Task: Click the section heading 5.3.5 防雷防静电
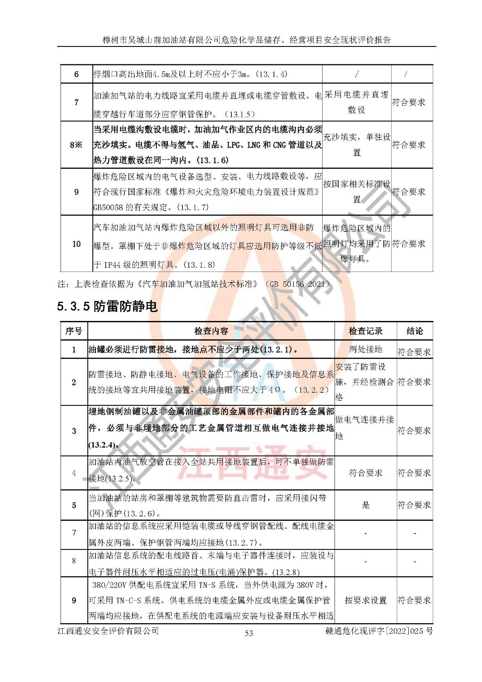click(107, 306)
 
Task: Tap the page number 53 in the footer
click(249, 633)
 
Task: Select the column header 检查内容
click(211, 331)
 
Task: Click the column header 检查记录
click(366, 331)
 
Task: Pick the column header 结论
click(415, 331)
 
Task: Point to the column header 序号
click(74, 331)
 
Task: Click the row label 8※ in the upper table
click(76, 145)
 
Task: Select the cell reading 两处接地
click(366, 349)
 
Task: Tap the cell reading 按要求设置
click(366, 600)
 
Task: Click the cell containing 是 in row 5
click(366, 505)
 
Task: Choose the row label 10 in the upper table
click(76, 244)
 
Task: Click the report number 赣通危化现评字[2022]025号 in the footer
click(378, 631)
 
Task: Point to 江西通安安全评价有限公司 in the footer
click(108, 631)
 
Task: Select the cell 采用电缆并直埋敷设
click(356, 102)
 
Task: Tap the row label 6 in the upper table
click(76, 74)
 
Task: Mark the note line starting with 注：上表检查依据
click(194, 284)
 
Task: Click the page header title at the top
click(246, 40)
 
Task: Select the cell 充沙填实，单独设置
click(357, 145)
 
